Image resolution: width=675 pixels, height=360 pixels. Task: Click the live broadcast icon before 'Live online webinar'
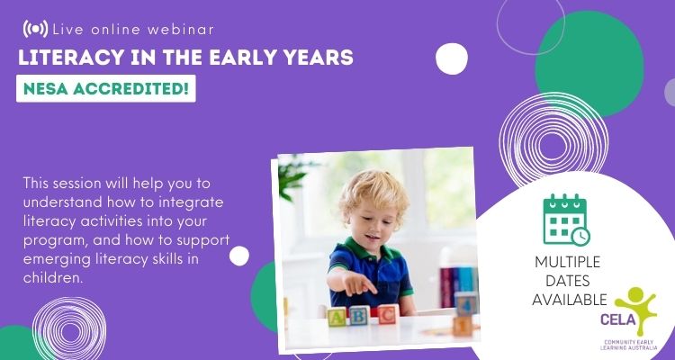tap(35, 29)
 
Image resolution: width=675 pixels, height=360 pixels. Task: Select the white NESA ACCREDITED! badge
tap(106, 89)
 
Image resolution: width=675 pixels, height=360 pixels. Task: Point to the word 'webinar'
tap(180, 30)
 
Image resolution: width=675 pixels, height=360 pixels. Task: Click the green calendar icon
tap(566, 220)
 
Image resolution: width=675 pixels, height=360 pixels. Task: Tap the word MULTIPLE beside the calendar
tap(567, 262)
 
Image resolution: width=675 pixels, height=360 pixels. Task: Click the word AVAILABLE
tap(569, 300)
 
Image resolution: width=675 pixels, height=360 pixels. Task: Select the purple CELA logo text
tap(618, 320)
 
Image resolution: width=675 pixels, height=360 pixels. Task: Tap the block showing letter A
tap(337, 317)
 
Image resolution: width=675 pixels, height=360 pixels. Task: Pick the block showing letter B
tap(358, 315)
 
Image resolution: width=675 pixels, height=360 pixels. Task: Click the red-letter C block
tap(388, 314)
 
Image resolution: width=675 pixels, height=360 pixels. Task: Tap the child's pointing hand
tap(358, 284)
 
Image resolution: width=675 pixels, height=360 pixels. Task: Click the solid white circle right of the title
tap(452, 59)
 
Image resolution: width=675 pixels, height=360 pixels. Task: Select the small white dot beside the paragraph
tap(239, 256)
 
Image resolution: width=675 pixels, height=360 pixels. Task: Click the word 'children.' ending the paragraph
tap(52, 277)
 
